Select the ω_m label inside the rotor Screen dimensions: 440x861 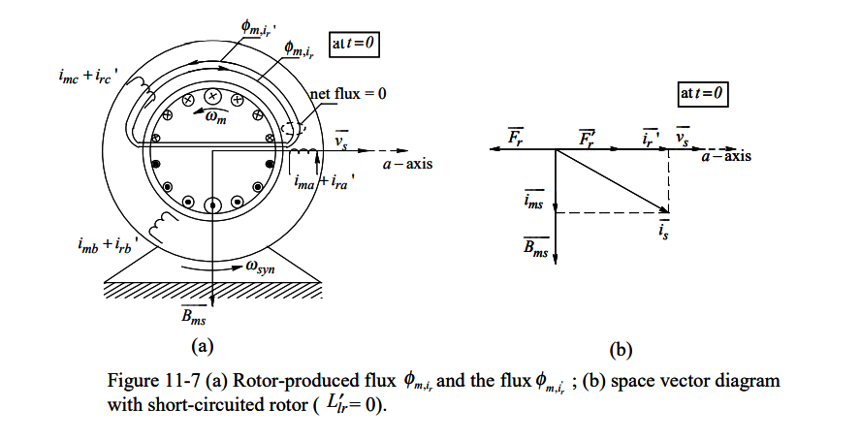(215, 118)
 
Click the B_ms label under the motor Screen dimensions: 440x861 (194, 313)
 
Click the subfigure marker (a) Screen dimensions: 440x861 (202, 344)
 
